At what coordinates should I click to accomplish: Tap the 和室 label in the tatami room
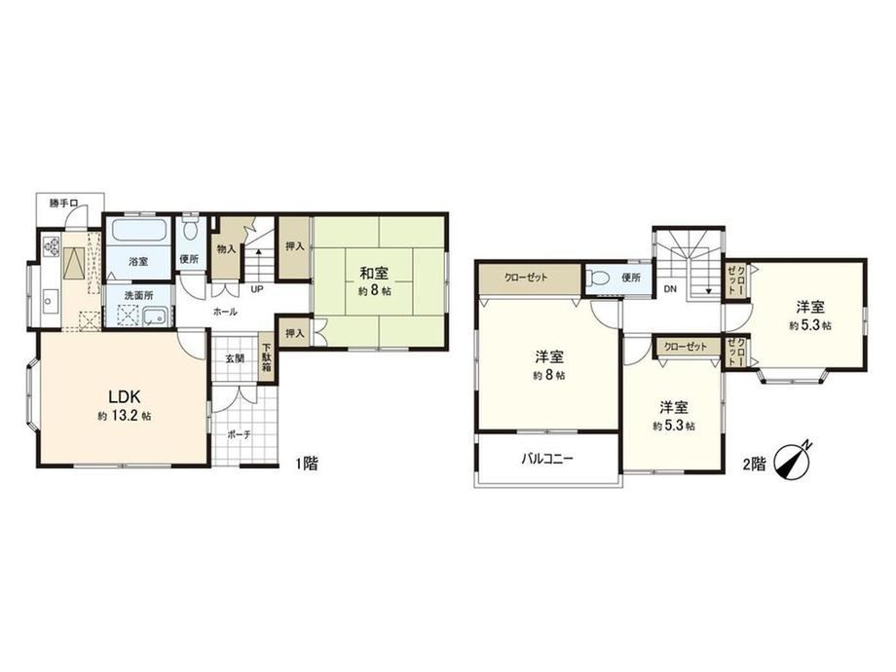click(374, 273)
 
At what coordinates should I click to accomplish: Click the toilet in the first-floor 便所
click(190, 230)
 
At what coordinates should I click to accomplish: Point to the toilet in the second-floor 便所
click(599, 279)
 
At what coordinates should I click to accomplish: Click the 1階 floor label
click(306, 463)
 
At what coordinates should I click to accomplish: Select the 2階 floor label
click(754, 465)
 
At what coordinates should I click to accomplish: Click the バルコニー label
click(547, 459)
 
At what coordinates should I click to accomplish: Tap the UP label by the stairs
click(256, 289)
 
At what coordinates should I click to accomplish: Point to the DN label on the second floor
click(670, 289)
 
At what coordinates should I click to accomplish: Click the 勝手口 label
click(63, 203)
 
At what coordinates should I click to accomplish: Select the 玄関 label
click(235, 358)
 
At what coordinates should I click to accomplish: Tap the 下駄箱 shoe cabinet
click(266, 356)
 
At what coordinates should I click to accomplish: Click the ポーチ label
click(239, 435)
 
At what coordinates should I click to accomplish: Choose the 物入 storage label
click(226, 248)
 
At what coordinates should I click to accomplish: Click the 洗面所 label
click(139, 296)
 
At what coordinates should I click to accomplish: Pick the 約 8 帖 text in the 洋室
click(549, 376)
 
